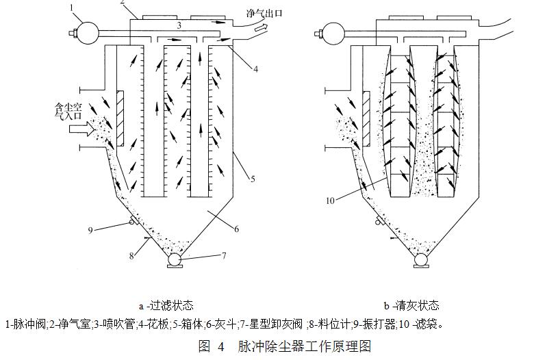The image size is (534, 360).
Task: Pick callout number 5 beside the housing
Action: pyautogui.click(x=252, y=179)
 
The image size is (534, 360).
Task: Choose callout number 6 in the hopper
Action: pyautogui.click(x=237, y=230)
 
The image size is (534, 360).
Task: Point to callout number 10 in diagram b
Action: pyautogui.click(x=331, y=201)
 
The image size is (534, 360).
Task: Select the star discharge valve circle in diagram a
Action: pyautogui.click(x=175, y=260)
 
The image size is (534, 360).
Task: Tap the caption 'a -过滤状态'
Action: pyautogui.click(x=166, y=305)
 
